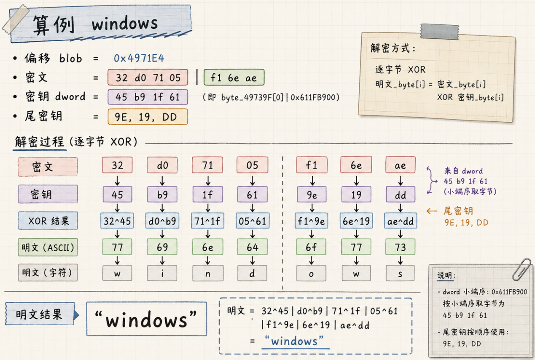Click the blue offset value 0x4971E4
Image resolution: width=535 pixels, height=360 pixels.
(x=139, y=58)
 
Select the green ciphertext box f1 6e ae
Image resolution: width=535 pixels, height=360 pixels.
(x=234, y=78)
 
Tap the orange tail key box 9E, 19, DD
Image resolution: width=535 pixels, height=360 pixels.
(x=148, y=117)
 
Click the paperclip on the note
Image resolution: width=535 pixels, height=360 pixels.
(x=522, y=269)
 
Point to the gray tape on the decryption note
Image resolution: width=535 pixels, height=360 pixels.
(x=439, y=32)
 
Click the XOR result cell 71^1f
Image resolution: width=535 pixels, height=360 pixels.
(x=207, y=221)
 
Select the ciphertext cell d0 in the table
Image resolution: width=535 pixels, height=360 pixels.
(x=162, y=165)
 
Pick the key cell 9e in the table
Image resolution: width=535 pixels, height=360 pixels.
(x=312, y=195)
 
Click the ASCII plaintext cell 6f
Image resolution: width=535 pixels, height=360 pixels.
(x=311, y=247)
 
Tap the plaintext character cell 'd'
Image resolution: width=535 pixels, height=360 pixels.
(x=252, y=273)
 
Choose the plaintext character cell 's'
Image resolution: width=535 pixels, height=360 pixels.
(x=400, y=273)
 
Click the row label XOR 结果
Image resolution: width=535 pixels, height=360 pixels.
(x=48, y=221)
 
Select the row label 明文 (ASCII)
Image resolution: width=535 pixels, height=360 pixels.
(x=48, y=247)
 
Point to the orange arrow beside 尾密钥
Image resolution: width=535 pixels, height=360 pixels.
(x=432, y=211)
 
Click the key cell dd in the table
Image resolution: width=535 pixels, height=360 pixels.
(x=401, y=195)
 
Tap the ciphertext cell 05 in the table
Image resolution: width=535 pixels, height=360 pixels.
(x=252, y=165)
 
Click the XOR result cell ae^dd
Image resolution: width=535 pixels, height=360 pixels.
(x=401, y=221)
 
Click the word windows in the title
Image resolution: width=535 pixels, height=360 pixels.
(x=125, y=24)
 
